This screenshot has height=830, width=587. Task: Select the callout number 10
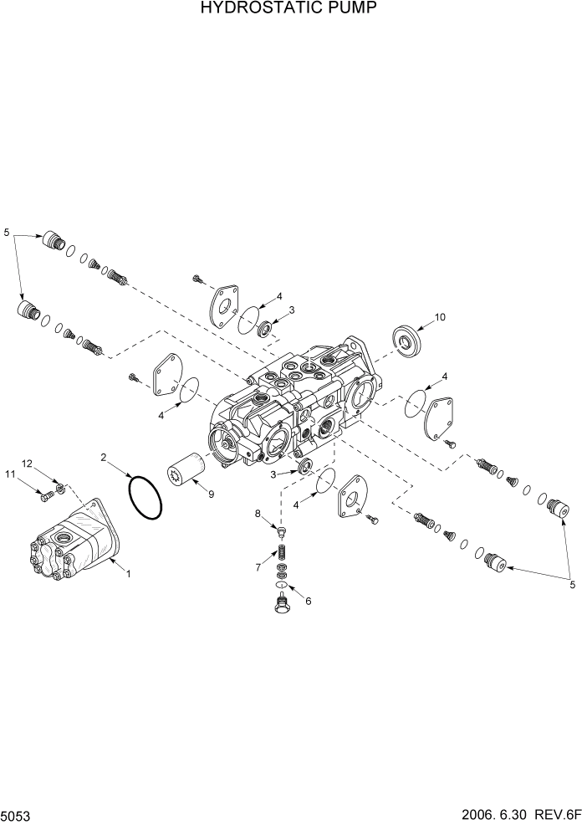(440, 317)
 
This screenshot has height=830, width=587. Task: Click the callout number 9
(211, 494)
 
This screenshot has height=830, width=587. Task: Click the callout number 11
(11, 475)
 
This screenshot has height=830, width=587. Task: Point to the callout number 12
(27, 464)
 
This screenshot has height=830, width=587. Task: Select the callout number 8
(258, 513)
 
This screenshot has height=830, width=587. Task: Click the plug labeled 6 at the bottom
(281, 602)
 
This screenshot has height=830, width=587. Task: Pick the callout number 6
(308, 601)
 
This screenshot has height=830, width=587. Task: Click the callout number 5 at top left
(8, 231)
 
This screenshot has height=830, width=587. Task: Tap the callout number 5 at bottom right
(572, 585)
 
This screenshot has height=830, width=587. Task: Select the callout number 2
(104, 458)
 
